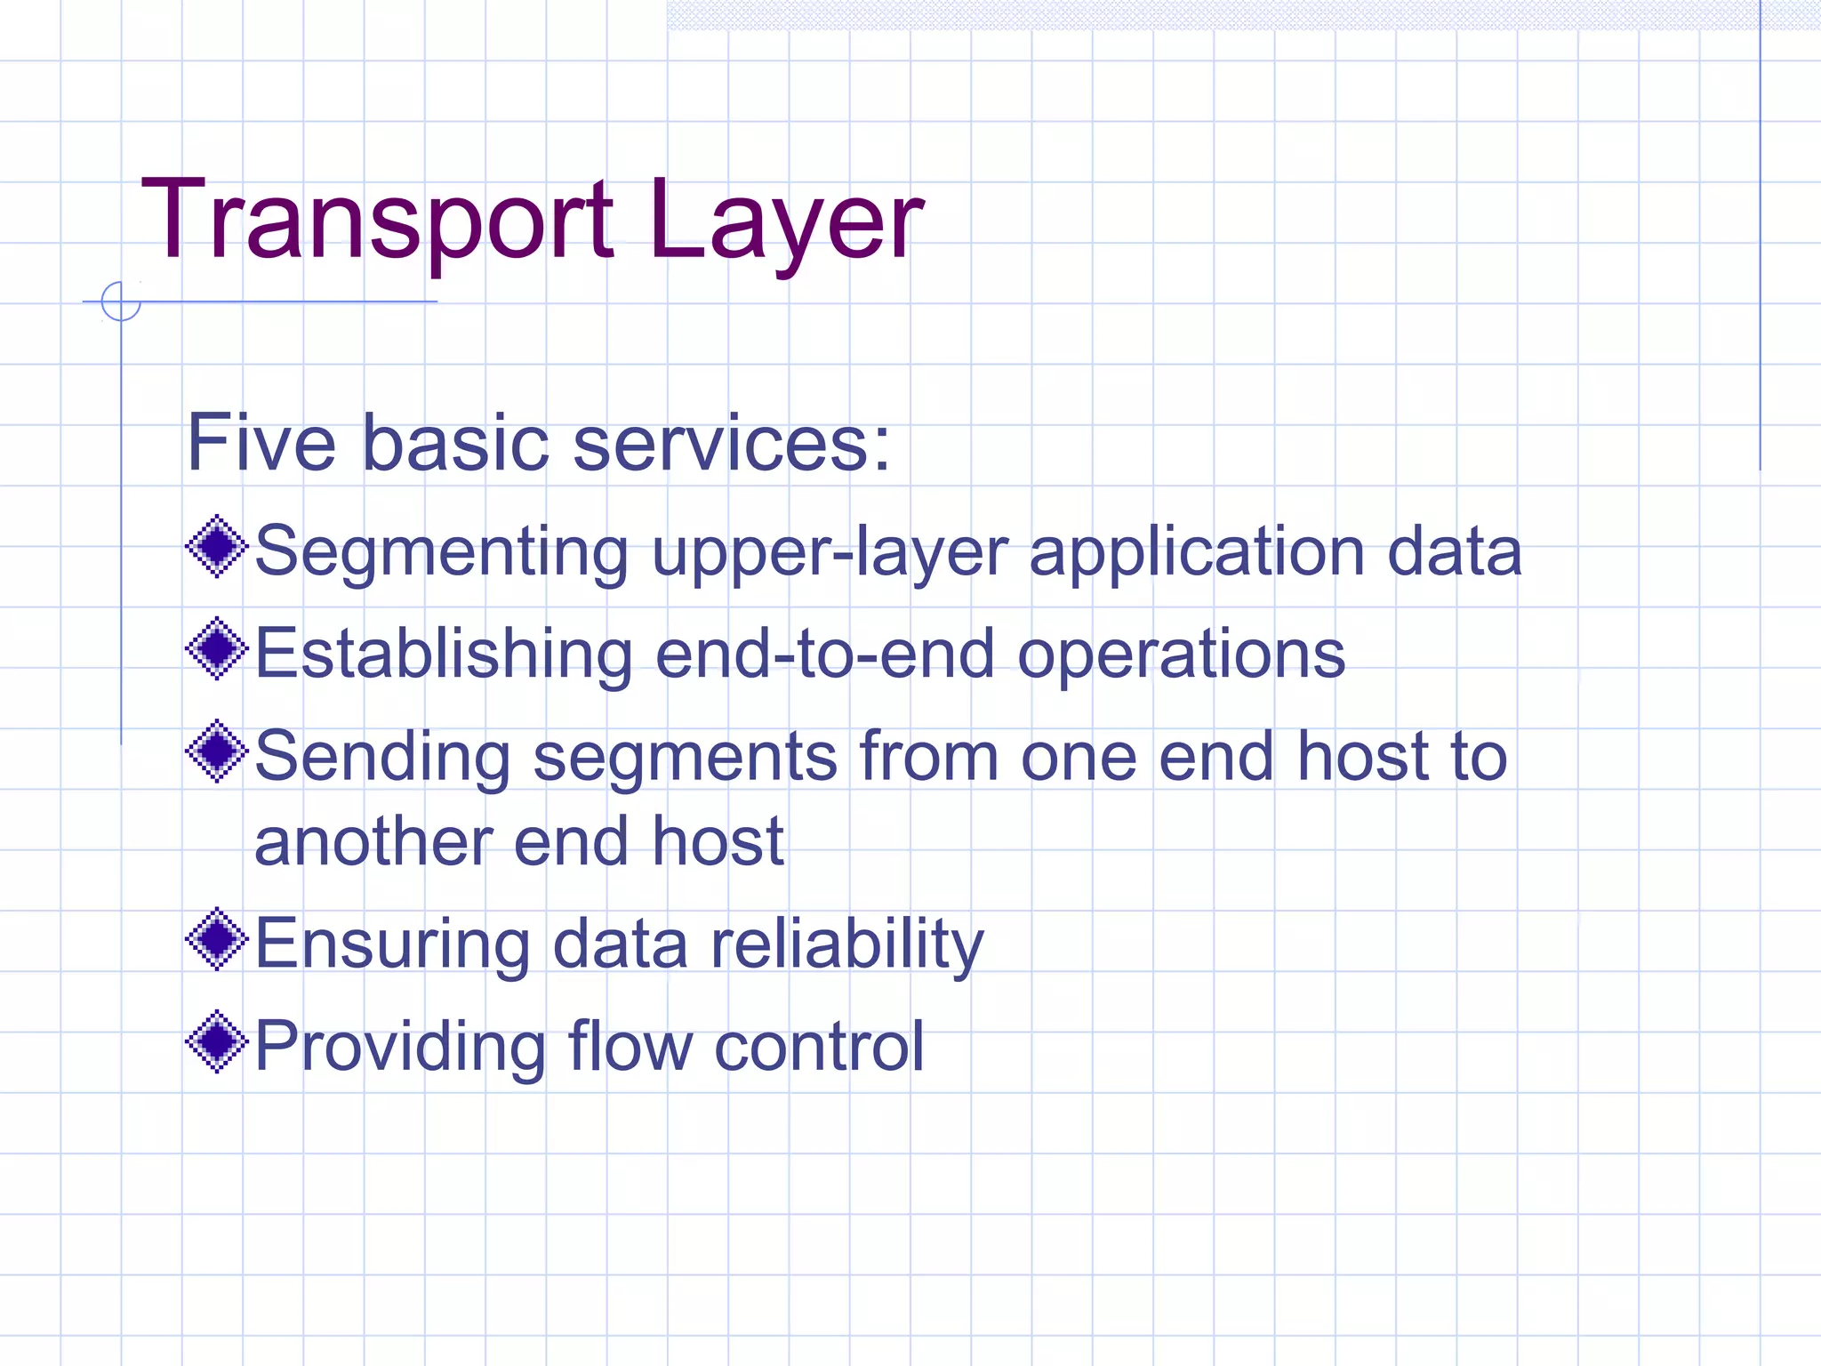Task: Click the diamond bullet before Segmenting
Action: coord(216,546)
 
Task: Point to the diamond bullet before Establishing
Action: coord(216,648)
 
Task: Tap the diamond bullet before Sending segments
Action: coord(216,751)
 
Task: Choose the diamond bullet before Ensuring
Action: coord(216,939)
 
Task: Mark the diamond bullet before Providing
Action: coord(216,1041)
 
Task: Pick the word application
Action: coord(1196,552)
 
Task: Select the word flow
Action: coord(630,1046)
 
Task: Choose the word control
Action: coord(819,1046)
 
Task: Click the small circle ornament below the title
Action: coord(121,301)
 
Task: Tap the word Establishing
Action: coord(444,654)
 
